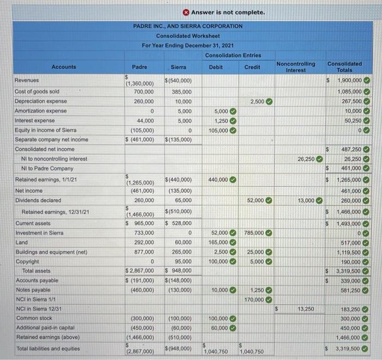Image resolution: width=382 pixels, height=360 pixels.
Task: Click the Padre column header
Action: pyautogui.click(x=140, y=67)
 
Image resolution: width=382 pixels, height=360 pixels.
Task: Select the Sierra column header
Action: pyautogui.click(x=178, y=67)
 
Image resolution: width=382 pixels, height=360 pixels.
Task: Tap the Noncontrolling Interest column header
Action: pyautogui.click(x=296, y=67)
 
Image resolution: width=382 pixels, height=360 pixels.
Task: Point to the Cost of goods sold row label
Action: pyautogui.click(x=37, y=91)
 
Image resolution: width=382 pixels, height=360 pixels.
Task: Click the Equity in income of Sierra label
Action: pyautogui.click(x=43, y=130)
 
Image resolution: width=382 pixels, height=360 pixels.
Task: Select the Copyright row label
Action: pyautogui.click(x=27, y=261)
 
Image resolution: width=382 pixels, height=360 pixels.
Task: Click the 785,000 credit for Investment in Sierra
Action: pyautogui.click(x=253, y=233)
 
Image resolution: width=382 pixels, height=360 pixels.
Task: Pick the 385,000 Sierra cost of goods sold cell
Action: pyautogui.click(x=180, y=91)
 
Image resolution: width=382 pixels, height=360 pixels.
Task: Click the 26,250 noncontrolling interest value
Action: pyautogui.click(x=306, y=159)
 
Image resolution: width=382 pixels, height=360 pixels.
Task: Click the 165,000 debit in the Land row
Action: pyautogui.click(x=218, y=242)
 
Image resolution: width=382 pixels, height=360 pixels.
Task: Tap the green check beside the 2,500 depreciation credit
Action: pyautogui.click(x=270, y=101)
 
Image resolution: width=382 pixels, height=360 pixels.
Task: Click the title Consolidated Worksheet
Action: pyautogui.click(x=187, y=36)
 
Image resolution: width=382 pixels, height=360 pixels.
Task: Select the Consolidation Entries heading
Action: pyautogui.click(x=233, y=55)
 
